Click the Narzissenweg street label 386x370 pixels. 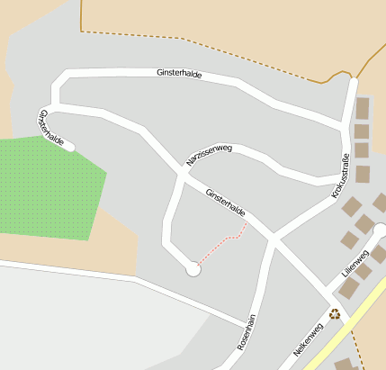click(209, 155)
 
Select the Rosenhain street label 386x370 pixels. click(247, 331)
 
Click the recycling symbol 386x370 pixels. click(335, 313)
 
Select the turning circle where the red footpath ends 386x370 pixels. click(193, 268)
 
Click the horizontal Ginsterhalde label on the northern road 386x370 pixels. click(178, 72)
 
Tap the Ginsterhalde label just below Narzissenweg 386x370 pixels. click(225, 203)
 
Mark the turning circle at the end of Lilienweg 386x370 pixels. click(380, 230)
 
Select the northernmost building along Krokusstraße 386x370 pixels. click(363, 109)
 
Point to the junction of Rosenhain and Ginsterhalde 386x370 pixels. click(272, 239)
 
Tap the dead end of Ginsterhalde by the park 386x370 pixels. click(70, 145)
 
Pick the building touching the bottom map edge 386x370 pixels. click(345, 365)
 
